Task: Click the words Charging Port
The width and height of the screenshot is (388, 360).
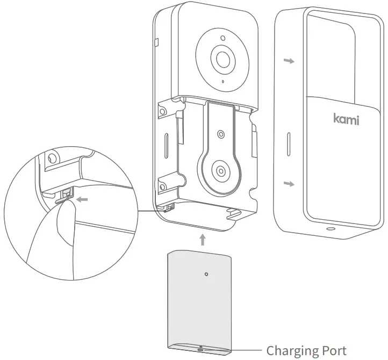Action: [x=306, y=350]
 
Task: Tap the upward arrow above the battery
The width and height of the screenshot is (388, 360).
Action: [x=202, y=237]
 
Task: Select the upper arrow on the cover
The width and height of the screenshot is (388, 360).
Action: [x=290, y=61]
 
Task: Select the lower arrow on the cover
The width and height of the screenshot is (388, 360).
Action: [x=290, y=184]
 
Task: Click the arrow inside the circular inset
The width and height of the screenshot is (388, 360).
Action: [x=82, y=199]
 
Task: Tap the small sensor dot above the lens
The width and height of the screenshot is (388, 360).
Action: [x=221, y=39]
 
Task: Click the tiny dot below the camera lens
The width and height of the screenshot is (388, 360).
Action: [x=222, y=82]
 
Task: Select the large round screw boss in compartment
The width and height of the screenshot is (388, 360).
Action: [x=220, y=171]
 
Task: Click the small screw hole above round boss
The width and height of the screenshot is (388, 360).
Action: [x=220, y=133]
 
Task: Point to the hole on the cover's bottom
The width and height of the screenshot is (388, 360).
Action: [x=328, y=228]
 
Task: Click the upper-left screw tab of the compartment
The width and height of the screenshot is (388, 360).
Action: [x=162, y=110]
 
